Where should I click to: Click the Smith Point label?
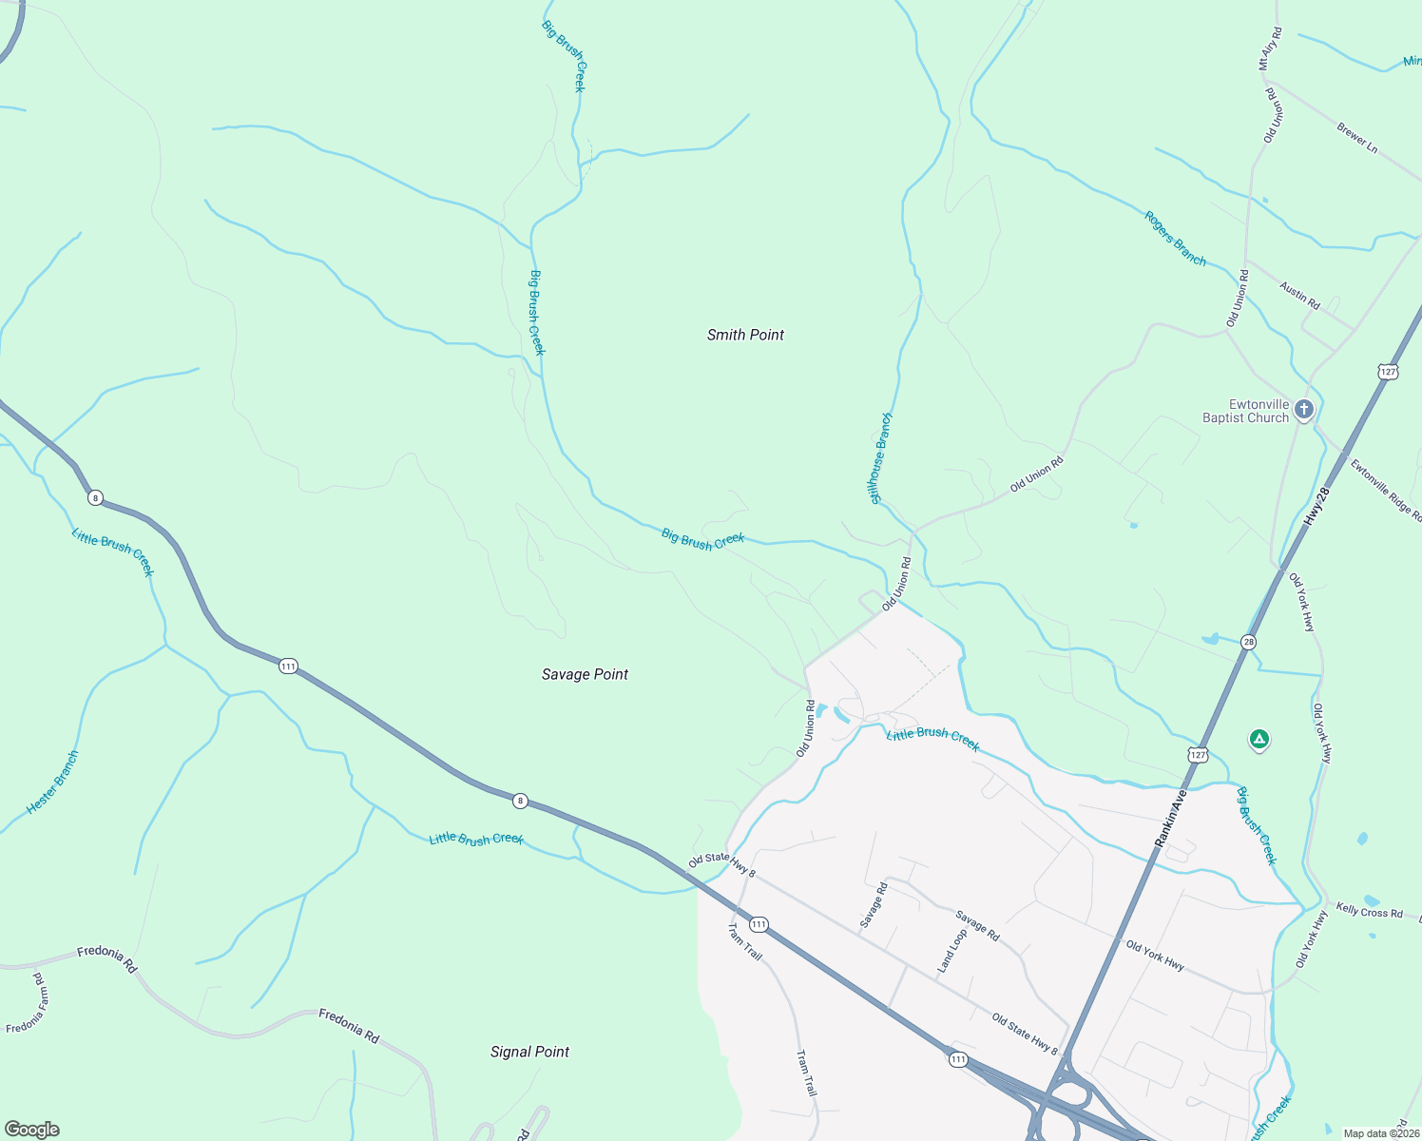[x=745, y=335]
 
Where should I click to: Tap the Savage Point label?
[x=585, y=674]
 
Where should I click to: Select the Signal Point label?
[x=529, y=1052]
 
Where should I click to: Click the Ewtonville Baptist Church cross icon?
[x=1304, y=410]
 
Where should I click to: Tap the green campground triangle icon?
[x=1259, y=739]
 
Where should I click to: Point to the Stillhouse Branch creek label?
[x=880, y=458]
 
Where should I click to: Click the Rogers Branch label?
[x=1175, y=239]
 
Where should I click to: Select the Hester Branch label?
[x=53, y=782]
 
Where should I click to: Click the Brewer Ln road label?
[x=1356, y=138]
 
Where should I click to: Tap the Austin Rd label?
[x=1299, y=296]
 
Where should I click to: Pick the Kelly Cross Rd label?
[x=1369, y=911]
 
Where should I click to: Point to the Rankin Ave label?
[x=1171, y=819]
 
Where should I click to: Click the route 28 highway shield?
[x=1248, y=643]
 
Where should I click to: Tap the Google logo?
[x=32, y=1130]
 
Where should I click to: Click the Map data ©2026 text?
[x=1380, y=1133]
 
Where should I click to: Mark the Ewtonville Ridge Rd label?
[x=1386, y=490]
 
